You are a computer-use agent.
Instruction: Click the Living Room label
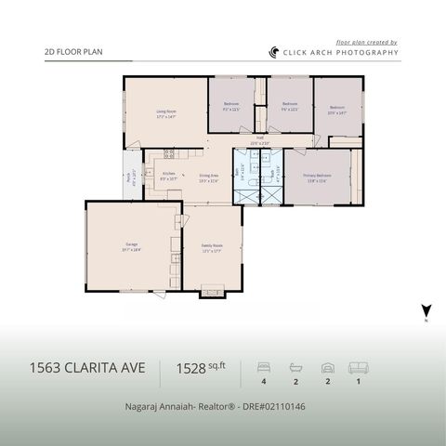coord(166,113)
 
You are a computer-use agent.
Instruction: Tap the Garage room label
coord(132,248)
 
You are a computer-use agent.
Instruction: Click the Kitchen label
coord(169,175)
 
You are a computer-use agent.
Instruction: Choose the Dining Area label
coord(209,177)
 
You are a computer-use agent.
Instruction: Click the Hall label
coord(259,141)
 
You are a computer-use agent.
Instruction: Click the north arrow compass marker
coord(426,311)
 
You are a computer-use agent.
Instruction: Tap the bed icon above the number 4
coord(263,367)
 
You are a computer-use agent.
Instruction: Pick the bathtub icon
coord(296,367)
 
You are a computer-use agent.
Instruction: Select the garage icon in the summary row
coord(327,367)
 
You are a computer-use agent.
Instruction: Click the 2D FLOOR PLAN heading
coord(73,53)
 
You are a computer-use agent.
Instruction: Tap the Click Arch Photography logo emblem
coord(274,53)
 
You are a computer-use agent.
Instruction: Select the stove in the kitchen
coord(169,153)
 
